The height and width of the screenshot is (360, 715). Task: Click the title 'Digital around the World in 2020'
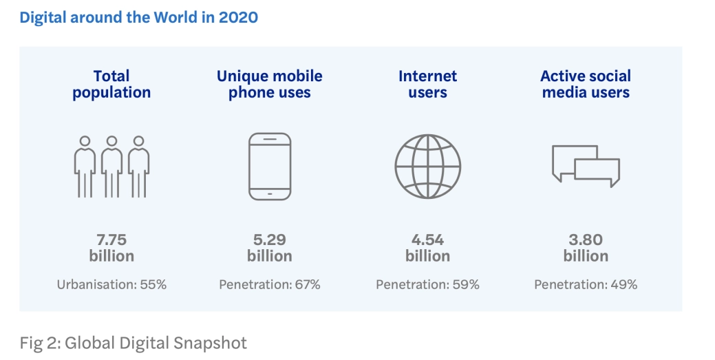point(138,17)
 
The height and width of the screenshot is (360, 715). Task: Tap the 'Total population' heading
point(111,84)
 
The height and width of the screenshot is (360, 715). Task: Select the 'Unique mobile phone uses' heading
point(270,84)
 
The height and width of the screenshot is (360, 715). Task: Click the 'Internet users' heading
point(427,84)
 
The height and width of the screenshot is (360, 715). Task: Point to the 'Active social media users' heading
point(586,84)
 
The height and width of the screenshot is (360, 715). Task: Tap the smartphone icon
point(270,167)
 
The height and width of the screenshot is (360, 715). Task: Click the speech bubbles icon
point(586,164)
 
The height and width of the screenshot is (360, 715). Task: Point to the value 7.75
point(111,240)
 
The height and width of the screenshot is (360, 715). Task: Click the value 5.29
point(270,240)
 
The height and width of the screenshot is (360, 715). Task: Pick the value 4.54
point(427,240)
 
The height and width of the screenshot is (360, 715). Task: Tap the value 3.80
point(586,240)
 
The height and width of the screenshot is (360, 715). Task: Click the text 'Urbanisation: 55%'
point(111,284)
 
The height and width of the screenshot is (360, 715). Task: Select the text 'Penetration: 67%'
point(270,284)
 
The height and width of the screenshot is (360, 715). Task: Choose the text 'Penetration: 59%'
point(427,284)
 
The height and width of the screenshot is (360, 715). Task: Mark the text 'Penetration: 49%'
point(586,284)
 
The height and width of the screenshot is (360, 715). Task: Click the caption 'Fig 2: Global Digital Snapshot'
point(133,342)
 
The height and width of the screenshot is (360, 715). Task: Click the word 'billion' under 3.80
point(586,256)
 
